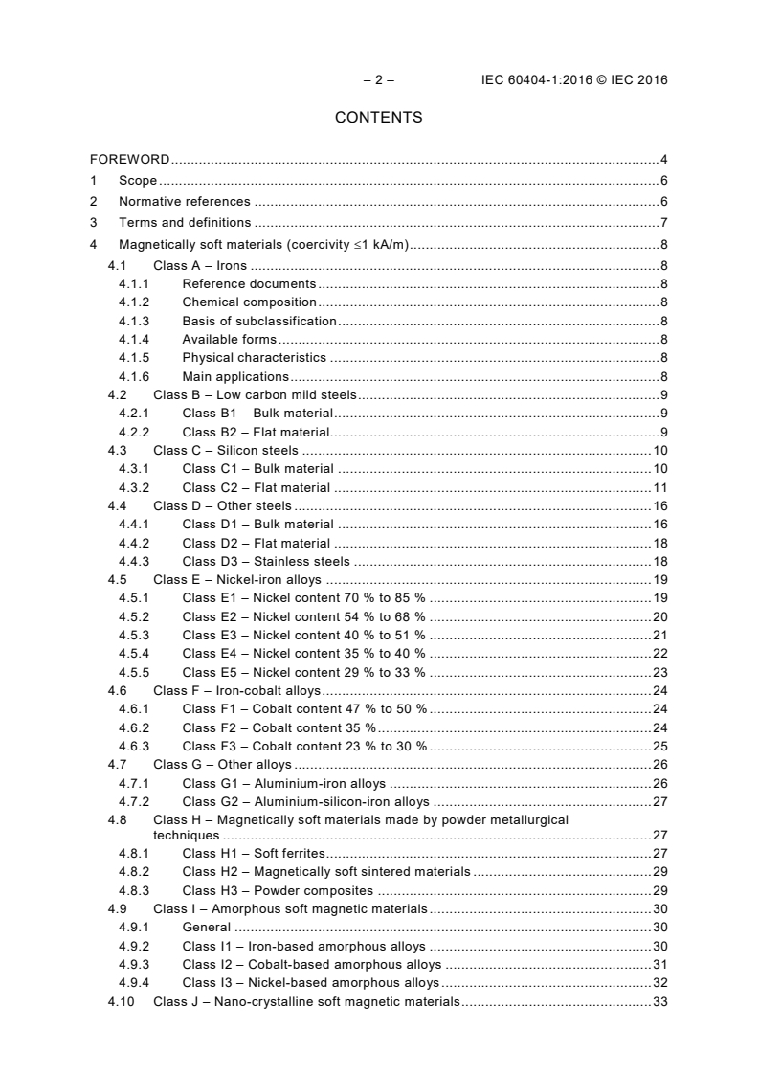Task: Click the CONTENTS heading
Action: click(x=378, y=118)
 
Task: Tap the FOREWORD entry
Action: click(x=130, y=159)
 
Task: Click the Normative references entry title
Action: click(x=184, y=202)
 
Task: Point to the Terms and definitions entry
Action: click(x=185, y=223)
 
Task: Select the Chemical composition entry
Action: click(x=249, y=302)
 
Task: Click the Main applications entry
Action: click(x=235, y=376)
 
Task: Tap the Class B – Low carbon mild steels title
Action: click(x=255, y=394)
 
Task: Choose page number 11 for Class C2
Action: click(x=659, y=487)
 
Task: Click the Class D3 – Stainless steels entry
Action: click(x=266, y=561)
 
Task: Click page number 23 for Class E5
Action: click(x=659, y=672)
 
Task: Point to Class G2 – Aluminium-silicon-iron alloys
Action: click(x=305, y=801)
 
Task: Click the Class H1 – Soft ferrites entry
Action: click(x=254, y=853)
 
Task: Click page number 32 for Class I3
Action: click(x=659, y=982)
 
